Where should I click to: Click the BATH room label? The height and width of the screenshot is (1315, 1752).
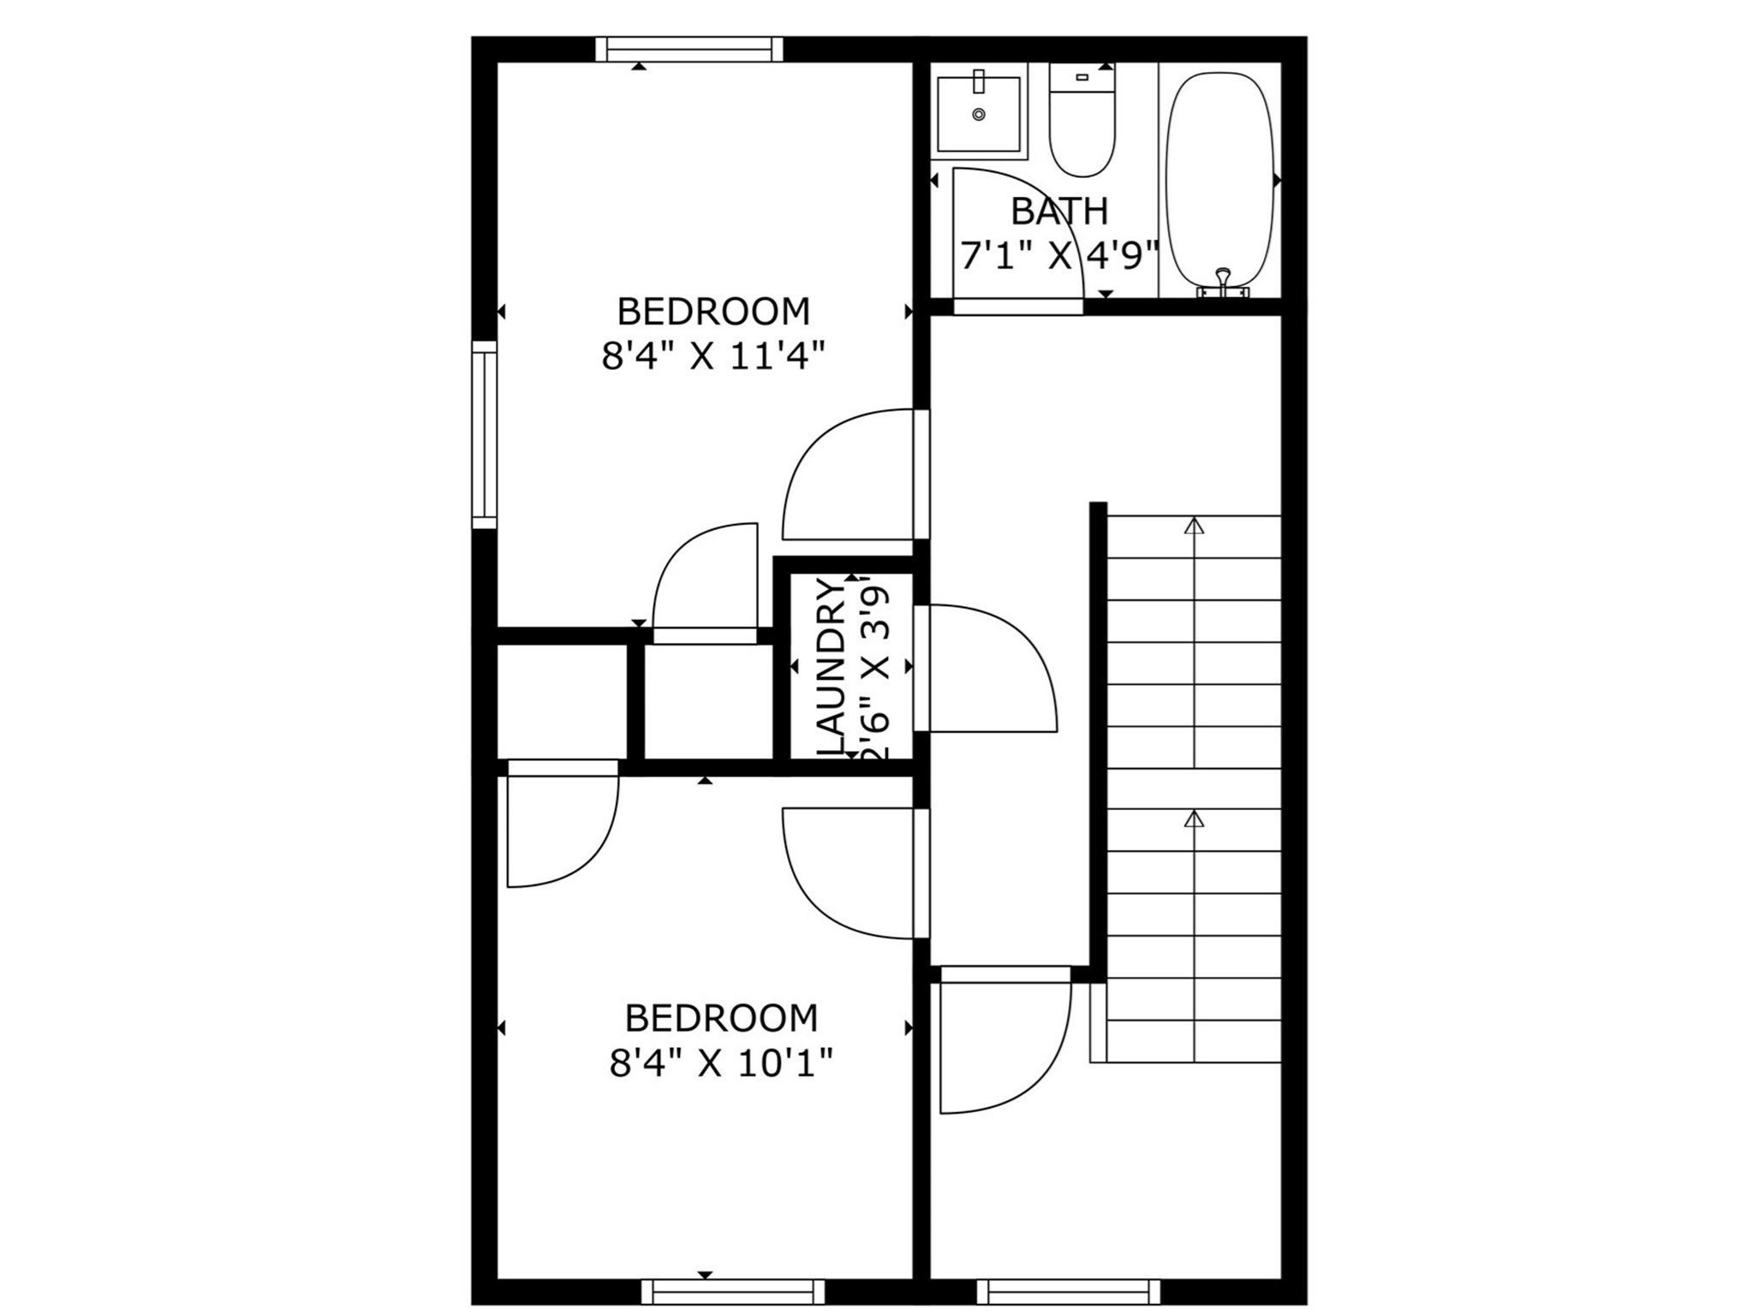coord(1059,211)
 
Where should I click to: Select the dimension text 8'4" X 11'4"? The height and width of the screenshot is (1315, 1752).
coord(713,356)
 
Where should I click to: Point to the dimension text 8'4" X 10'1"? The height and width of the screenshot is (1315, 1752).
coord(721,1064)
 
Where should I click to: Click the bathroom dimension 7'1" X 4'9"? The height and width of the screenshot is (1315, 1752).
coord(1059,256)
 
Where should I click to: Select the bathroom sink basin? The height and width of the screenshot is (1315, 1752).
coord(979,114)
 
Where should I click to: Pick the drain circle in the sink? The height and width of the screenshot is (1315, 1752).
coord(979,114)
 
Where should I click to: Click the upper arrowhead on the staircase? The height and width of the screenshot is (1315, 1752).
coord(1194,525)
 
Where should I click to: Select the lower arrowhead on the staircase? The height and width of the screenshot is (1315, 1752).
coord(1194,818)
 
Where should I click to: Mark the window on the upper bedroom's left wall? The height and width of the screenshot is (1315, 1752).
coord(485,434)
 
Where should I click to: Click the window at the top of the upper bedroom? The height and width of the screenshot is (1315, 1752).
coord(689,49)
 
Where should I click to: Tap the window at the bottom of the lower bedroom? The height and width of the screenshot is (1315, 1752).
coord(733,1291)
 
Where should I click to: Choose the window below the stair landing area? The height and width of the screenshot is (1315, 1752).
coord(1068,1291)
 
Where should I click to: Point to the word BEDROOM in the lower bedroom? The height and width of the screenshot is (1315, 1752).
coord(721,1019)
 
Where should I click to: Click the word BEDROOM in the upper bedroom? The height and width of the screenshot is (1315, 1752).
coord(713,312)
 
